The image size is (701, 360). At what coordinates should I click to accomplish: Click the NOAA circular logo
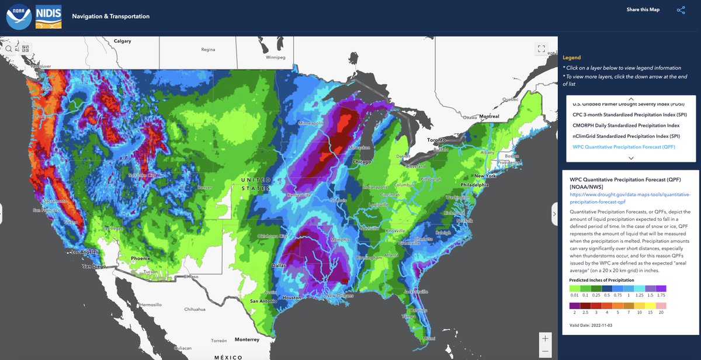pyautogui.click(x=19, y=16)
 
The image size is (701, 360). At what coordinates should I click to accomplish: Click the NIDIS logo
pyautogui.click(x=49, y=16)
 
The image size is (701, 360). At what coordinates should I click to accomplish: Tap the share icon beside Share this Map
pyautogui.click(x=681, y=10)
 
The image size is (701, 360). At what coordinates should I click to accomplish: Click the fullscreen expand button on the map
pyautogui.click(x=541, y=49)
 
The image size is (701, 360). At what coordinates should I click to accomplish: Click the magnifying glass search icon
pyautogui.click(x=9, y=49)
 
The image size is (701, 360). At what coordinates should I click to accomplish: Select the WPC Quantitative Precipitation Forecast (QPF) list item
pyautogui.click(x=624, y=147)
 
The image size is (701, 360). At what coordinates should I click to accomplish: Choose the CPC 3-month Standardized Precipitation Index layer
pyautogui.click(x=620, y=115)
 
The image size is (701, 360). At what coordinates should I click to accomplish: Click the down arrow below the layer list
pyautogui.click(x=630, y=158)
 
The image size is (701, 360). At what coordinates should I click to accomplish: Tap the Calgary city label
pyautogui.click(x=122, y=41)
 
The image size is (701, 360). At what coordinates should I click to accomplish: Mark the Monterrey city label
pyautogui.click(x=247, y=340)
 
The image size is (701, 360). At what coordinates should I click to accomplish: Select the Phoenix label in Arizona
pyautogui.click(x=141, y=258)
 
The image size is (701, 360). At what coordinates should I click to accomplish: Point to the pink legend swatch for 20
pyautogui.click(x=661, y=305)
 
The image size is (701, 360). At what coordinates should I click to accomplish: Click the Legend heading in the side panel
pyautogui.click(x=571, y=57)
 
